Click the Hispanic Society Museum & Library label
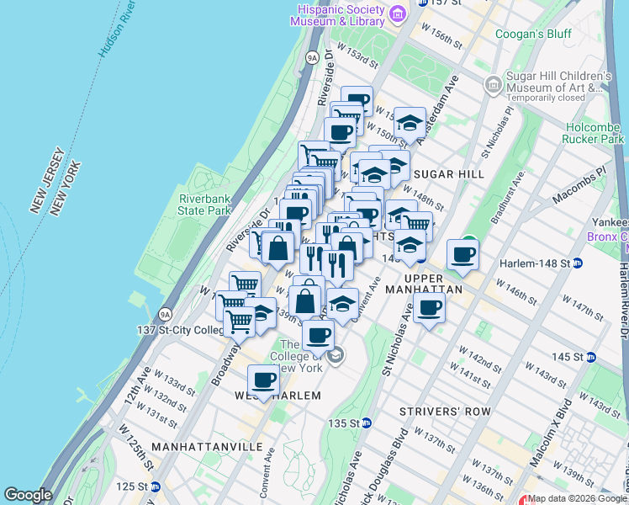pos(340,14)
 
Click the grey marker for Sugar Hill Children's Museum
pos(493,85)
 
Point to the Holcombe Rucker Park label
pos(595,132)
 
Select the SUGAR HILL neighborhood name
pos(450,173)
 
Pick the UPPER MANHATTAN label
pos(434,282)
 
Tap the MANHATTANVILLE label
pos(208,445)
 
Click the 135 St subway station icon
pos(367,423)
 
